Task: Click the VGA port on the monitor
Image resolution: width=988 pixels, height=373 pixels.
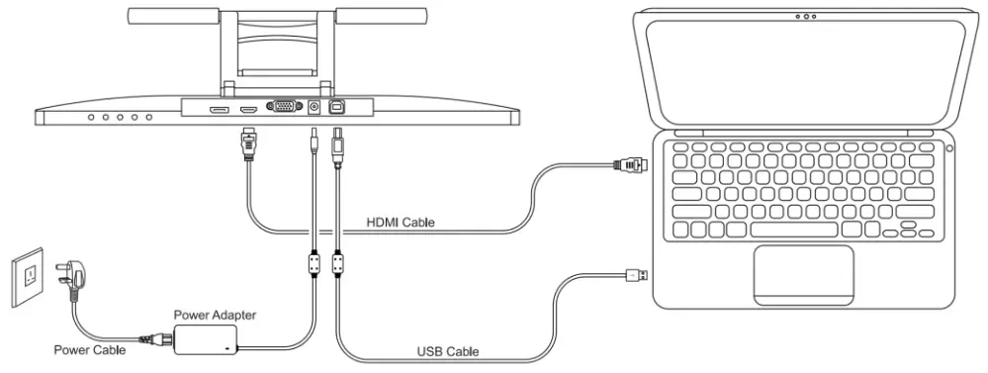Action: pos(283,107)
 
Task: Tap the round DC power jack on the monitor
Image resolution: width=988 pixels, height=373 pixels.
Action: pos(314,108)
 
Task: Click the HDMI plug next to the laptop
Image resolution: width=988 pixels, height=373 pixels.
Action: pos(630,163)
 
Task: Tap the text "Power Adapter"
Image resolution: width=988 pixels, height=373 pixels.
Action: pos(215,315)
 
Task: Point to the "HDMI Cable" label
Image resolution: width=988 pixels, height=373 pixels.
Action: pos(400,222)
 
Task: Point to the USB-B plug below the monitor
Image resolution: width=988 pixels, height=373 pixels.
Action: pos(337,143)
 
